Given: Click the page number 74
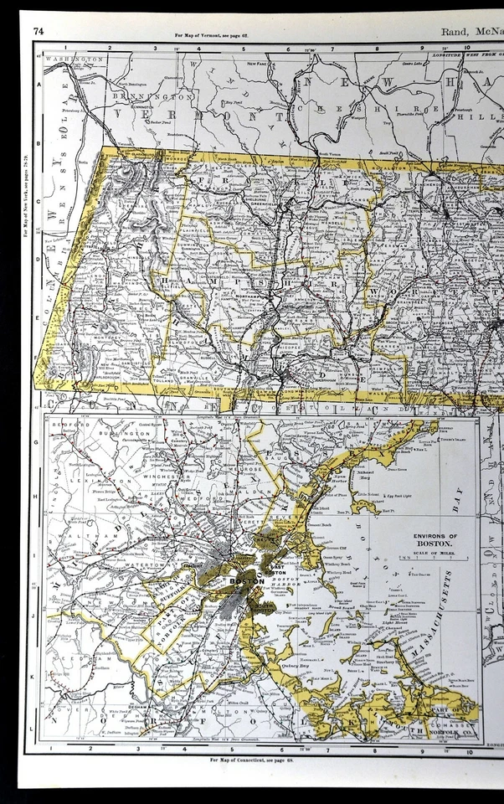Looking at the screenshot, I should pos(38,32).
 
